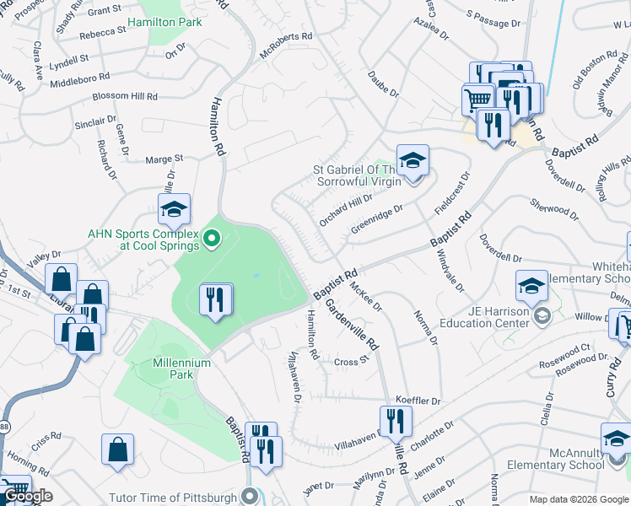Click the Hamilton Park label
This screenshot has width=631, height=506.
pyautogui.click(x=164, y=22)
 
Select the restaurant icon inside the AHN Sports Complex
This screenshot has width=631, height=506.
pyautogui.click(x=215, y=299)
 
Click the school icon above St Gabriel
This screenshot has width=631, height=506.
pyautogui.click(x=413, y=161)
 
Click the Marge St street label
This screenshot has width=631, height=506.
pyautogui.click(x=164, y=159)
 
